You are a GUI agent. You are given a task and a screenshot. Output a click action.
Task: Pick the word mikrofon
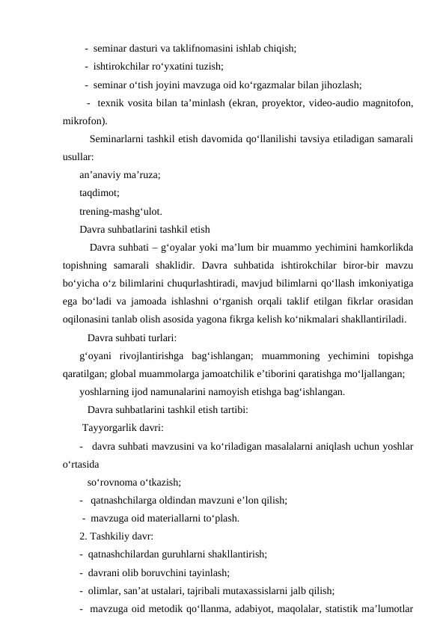pyautogui.click(x=84, y=120)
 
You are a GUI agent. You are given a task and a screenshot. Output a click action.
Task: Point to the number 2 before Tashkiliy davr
pyautogui.click(x=82, y=536)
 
